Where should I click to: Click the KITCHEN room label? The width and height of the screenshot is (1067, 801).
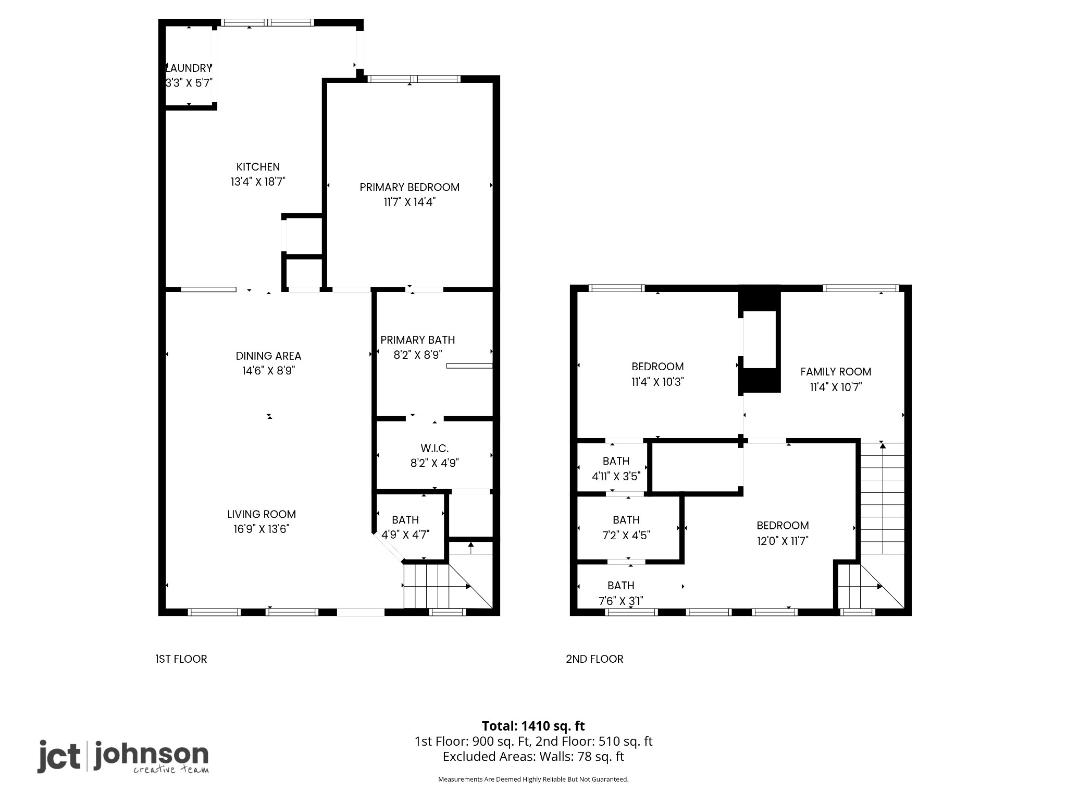click(258, 167)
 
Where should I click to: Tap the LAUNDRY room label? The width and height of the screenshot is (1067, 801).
click(189, 68)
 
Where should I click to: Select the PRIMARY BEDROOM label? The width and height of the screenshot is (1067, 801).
click(410, 187)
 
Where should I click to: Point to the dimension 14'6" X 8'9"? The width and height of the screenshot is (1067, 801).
click(268, 371)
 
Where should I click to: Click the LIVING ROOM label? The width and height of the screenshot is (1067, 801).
click(262, 514)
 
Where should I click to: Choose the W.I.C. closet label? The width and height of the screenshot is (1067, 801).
click(435, 448)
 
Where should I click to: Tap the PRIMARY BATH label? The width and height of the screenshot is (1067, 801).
click(417, 340)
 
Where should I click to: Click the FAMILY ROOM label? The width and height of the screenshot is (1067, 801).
click(836, 372)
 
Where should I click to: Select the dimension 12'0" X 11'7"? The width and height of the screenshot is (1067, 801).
click(783, 541)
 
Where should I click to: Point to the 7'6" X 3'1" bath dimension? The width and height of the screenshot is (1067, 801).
click(621, 601)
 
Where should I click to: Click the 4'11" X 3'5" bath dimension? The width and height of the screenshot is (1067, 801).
click(616, 476)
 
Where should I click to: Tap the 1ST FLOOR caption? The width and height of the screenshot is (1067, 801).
click(181, 659)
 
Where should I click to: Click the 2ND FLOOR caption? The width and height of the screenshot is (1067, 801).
click(594, 659)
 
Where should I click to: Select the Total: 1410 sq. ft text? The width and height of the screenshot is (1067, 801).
click(533, 726)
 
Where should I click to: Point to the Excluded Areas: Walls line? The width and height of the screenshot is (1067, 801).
click(533, 756)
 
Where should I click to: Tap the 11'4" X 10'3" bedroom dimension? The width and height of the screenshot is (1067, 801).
click(657, 382)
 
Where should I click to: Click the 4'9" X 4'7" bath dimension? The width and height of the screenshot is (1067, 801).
click(405, 535)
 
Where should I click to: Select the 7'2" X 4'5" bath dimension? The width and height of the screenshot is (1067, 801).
click(626, 535)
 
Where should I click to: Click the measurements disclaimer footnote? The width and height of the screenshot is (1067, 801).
click(533, 779)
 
